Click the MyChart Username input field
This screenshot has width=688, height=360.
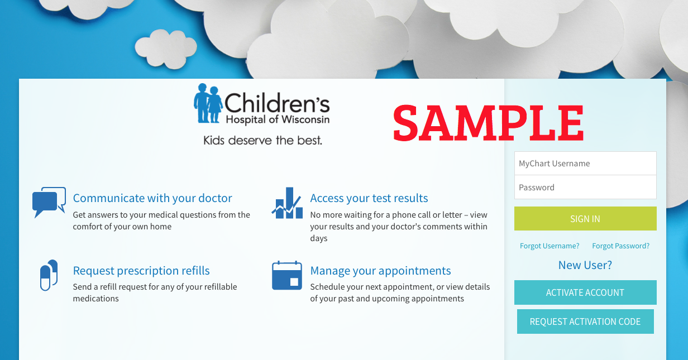pos(585,164)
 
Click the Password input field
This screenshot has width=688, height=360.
pos(585,187)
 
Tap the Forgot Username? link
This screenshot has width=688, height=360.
pos(550,246)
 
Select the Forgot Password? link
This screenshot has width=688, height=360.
pos(621,246)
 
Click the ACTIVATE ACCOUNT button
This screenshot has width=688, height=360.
pos(585,292)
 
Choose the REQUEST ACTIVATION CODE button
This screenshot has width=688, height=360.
pos(585,321)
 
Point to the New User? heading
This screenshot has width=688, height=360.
pos(585,265)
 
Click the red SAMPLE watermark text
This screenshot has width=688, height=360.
pos(488,123)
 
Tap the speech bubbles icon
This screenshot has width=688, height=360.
pos(49,202)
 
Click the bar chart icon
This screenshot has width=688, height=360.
pos(287,203)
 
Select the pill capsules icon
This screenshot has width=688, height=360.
pos(49,275)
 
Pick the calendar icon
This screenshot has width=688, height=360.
pos(287,275)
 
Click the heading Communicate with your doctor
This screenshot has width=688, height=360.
pos(152,198)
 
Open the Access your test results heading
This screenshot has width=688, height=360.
pos(369,198)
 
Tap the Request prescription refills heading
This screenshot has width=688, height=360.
pos(141,271)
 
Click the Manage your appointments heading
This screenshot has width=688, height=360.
pos(380,271)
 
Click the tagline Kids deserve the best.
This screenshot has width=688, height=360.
pos(262,140)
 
